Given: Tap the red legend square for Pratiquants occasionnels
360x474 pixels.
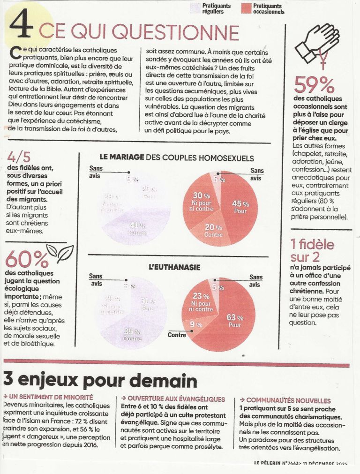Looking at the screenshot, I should point(247,8).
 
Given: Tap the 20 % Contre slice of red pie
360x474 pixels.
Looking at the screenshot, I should point(214,230).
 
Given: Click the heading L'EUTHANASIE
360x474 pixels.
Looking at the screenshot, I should point(174,267).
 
